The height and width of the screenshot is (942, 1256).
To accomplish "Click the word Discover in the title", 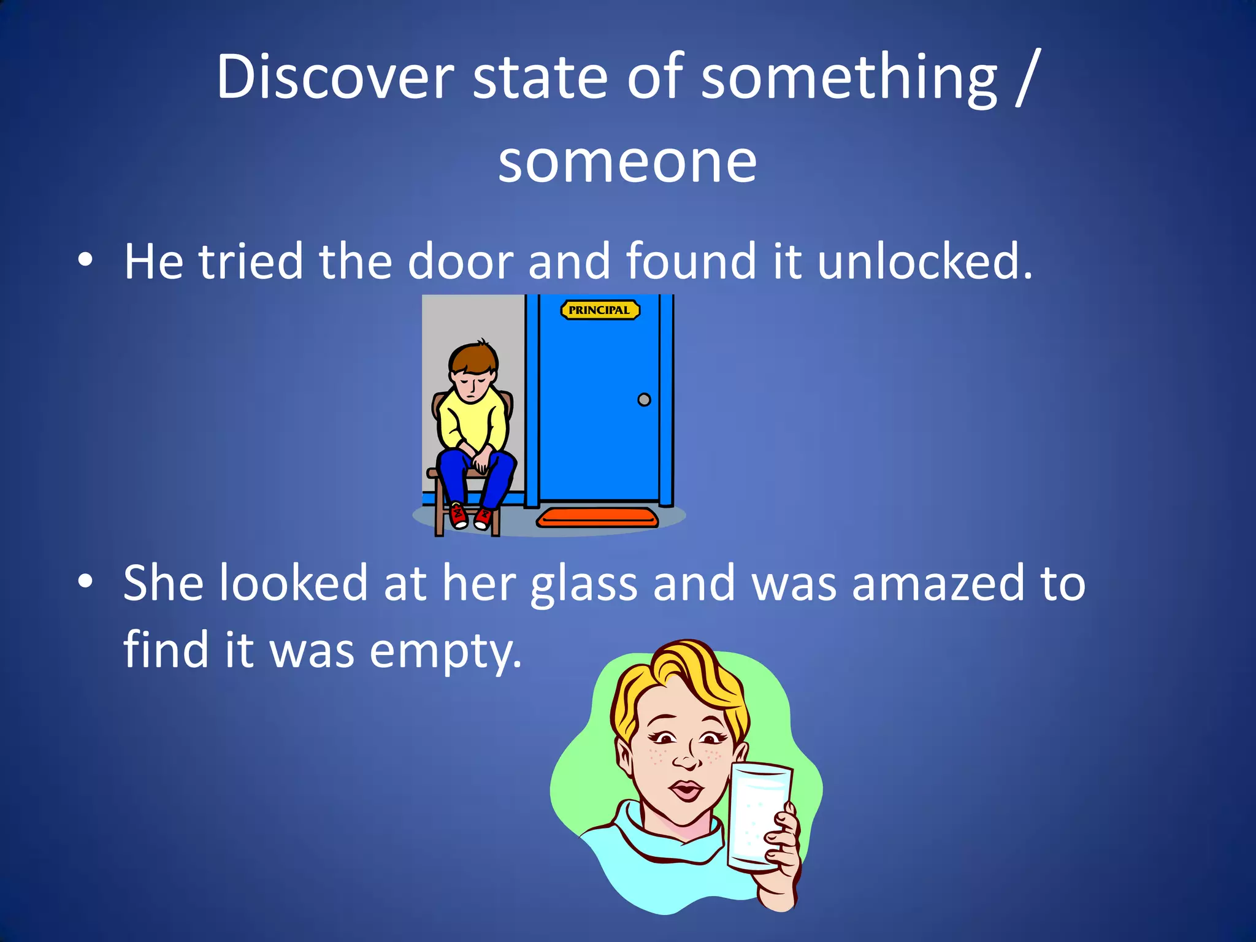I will (x=335, y=77).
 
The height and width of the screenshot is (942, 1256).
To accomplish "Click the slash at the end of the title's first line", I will (x=1025, y=78).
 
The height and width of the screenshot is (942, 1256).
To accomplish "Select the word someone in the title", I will (x=627, y=161).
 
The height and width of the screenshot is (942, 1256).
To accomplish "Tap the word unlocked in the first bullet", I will (x=925, y=261).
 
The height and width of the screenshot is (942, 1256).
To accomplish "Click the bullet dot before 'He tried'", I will (x=85, y=260).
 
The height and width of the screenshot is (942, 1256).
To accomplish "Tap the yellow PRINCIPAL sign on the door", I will (x=600, y=310).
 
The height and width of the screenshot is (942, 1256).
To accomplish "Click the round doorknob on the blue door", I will (x=644, y=400).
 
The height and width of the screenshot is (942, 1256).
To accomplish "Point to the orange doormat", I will (x=597, y=518).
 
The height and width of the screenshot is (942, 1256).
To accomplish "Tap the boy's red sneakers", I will (x=470, y=515).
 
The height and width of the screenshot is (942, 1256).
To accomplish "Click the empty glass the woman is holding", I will (x=757, y=813).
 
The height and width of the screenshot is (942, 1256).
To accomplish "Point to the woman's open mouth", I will (x=686, y=791).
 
